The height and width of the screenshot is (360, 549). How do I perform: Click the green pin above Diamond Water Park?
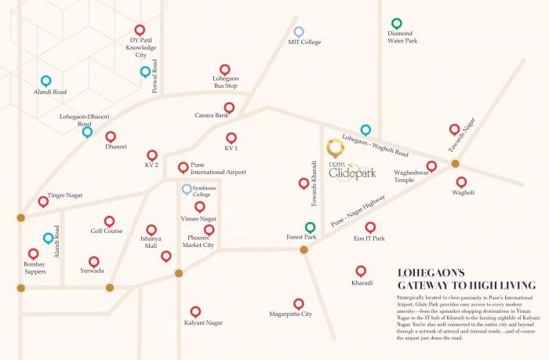pos(397,24)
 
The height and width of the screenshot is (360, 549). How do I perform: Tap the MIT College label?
pos(304,42)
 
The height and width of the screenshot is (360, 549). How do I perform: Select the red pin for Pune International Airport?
pos(183,166)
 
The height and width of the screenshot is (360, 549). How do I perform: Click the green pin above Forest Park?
pos(310,227)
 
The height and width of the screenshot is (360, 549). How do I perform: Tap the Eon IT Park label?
pos(369,238)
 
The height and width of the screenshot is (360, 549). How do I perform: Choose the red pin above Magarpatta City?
pos(298,304)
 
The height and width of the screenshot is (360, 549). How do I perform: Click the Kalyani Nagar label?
pos(195,322)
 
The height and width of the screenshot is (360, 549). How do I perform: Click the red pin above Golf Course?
pos(109,221)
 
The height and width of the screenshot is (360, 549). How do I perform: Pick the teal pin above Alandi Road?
pos(45,81)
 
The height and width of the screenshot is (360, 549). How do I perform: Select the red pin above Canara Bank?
pos(229,107)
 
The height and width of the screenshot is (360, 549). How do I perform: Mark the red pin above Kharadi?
pos(361,271)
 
